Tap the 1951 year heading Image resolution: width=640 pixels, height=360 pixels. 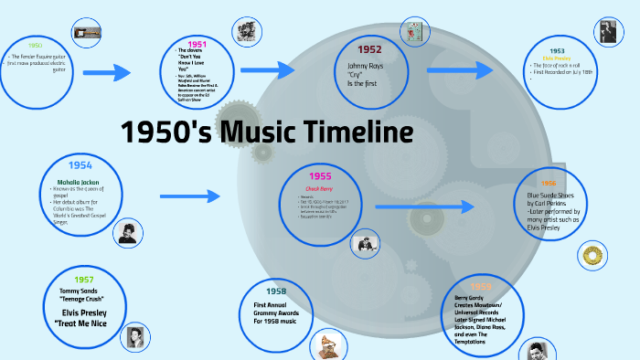pos(197,43)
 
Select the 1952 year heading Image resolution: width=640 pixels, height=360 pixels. pos(369,49)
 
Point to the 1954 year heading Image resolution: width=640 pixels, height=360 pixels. pos(80,165)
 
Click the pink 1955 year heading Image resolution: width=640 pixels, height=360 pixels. pos(320,176)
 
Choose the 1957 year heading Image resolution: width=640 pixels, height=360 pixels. pos(84,279)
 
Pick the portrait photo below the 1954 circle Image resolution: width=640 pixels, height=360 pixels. pos(127,233)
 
